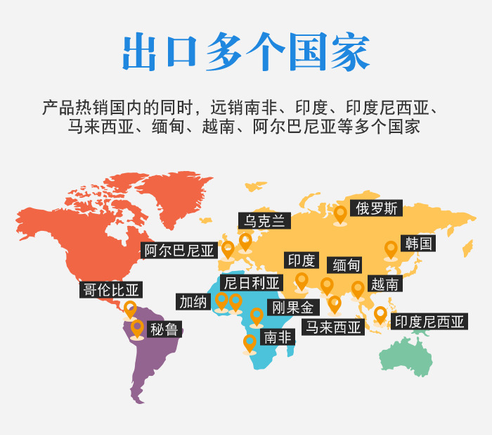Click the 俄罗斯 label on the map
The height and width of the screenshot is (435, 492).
[377, 208]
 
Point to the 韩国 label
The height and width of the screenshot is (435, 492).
[419, 244]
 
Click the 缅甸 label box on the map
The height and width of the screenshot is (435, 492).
[347, 265]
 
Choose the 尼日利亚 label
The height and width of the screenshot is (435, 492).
[251, 283]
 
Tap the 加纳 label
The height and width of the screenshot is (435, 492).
[193, 302]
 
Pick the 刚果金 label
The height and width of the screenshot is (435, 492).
[294, 307]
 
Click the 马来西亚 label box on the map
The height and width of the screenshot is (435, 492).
[332, 327]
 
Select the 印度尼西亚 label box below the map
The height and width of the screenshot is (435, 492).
[429, 322]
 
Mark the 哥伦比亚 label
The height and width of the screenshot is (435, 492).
[111, 290]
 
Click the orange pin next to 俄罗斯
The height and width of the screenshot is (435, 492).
[341, 212]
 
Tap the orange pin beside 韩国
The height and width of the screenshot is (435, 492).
[391, 249]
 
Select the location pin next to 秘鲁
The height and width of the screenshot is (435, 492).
[137, 328]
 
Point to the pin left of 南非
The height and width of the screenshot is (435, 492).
[250, 343]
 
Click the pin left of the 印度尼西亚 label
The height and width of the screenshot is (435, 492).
[380, 314]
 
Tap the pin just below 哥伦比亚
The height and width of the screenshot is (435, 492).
[130, 308]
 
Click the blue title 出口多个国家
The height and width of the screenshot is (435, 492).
[246, 51]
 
